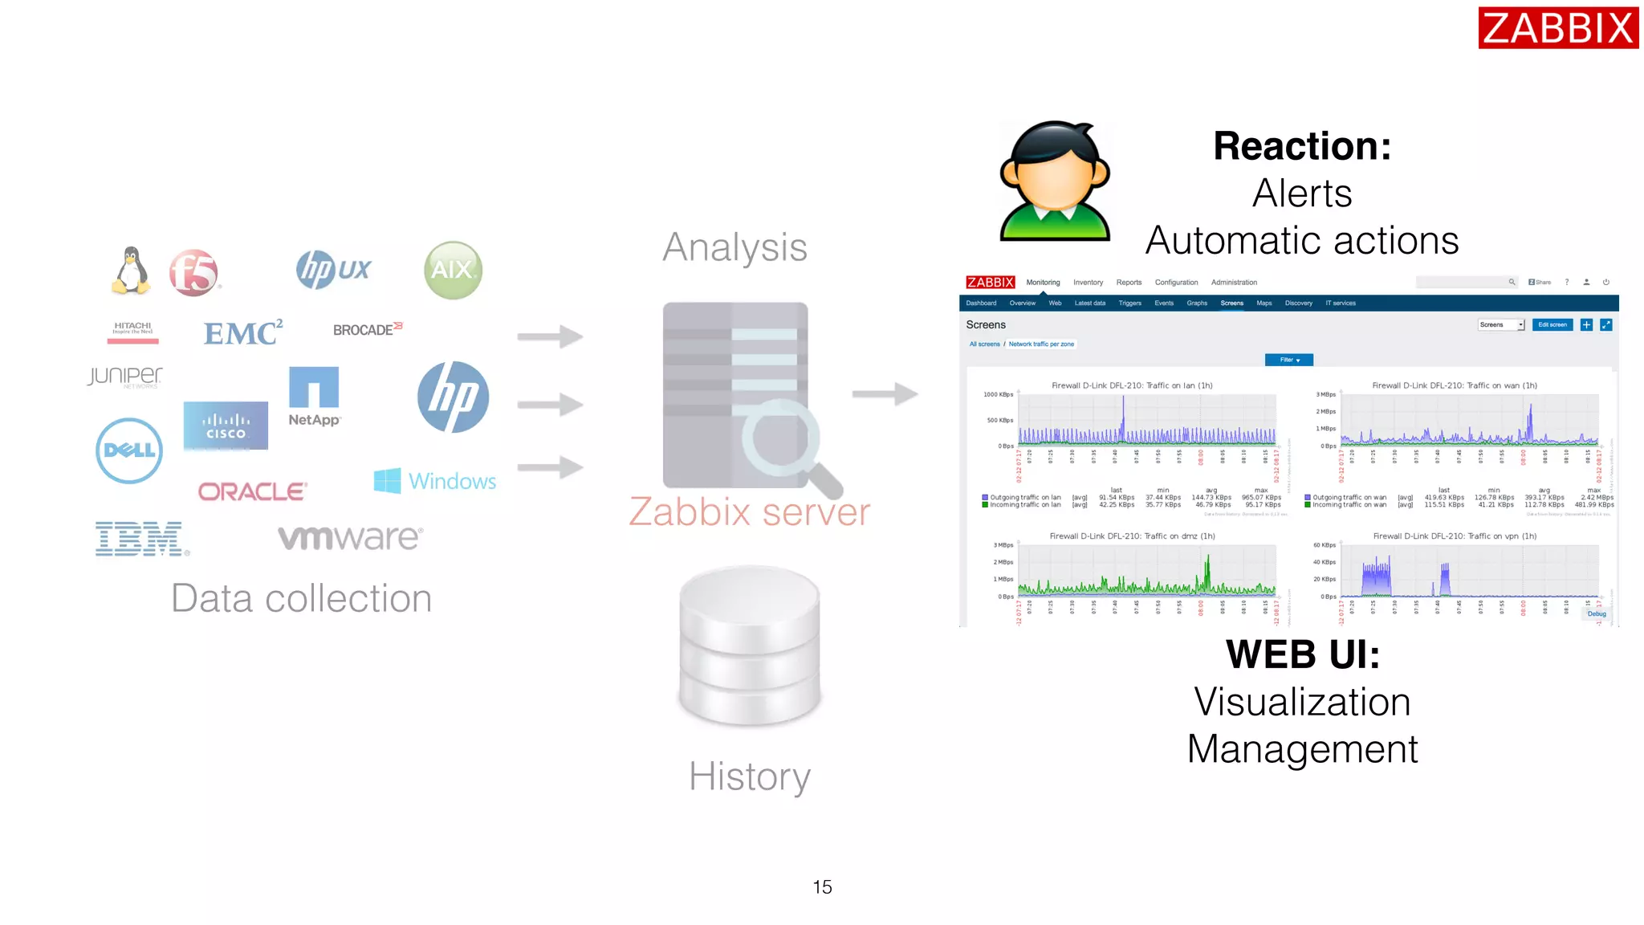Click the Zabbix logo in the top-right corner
pos(1557,28)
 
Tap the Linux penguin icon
pos(131,271)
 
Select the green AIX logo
pos(453,270)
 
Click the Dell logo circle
pos(129,450)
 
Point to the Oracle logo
pos(252,491)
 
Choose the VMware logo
pos(350,537)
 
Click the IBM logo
pos(141,539)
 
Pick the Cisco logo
pos(226,426)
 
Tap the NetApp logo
pos(314,397)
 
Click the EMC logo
pos(242,332)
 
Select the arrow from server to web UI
pos(885,393)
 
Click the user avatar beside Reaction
pos(1054,181)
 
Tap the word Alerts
pos(1302,194)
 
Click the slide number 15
pos(822,886)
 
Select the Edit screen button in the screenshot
pos(1552,324)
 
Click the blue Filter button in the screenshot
pos(1288,360)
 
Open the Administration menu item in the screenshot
pos(1234,283)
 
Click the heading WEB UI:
pos(1302,654)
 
